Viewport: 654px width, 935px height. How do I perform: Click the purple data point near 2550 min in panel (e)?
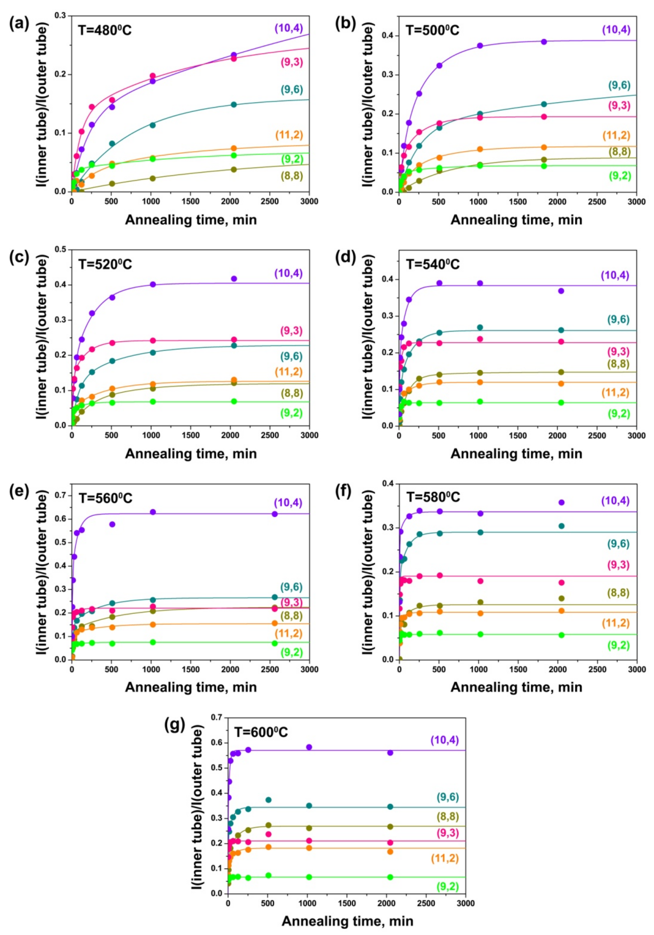[274, 514]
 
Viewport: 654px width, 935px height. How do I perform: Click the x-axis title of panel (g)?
[347, 921]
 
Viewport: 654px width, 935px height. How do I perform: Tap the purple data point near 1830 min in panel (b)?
[544, 41]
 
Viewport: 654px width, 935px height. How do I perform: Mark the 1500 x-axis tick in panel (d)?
[518, 436]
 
